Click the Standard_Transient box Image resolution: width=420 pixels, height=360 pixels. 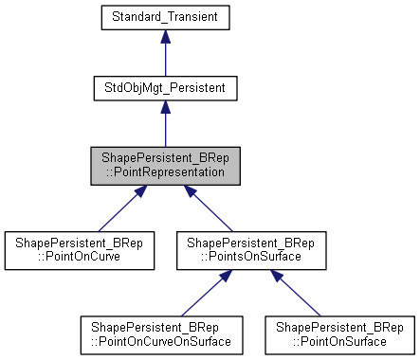tap(165, 17)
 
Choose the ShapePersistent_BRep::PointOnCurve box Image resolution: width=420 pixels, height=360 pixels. tap(78, 250)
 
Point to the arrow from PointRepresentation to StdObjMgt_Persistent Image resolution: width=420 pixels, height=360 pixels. tap(165, 126)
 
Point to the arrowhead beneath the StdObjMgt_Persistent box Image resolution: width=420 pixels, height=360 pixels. tap(165, 108)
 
